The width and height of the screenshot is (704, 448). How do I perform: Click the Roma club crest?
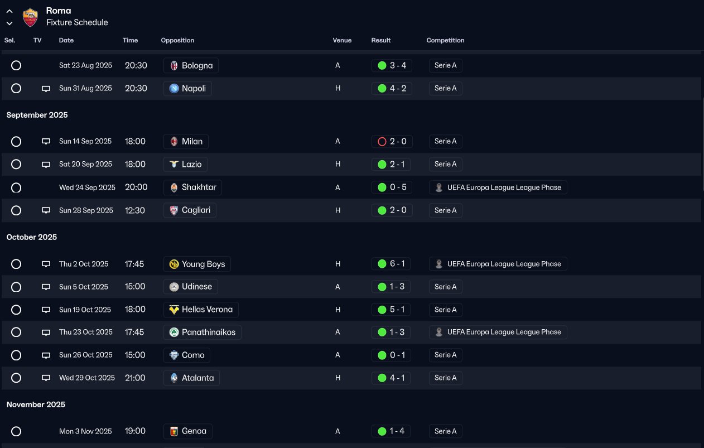30,17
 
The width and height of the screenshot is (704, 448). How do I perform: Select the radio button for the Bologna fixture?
16,65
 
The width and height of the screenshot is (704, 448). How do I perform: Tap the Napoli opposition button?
187,88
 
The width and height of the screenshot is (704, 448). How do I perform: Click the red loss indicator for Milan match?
382,142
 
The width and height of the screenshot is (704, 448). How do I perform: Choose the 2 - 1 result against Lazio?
392,164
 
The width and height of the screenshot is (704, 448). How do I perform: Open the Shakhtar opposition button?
192,187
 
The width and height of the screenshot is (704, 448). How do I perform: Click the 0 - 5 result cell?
392,187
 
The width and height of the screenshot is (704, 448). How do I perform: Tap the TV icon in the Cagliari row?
46,210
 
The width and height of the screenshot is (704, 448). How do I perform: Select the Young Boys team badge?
174,264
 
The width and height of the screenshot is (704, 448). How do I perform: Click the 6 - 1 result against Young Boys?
392,264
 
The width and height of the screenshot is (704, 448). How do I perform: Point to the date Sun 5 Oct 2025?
84,287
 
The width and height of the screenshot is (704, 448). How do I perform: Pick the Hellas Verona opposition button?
201,310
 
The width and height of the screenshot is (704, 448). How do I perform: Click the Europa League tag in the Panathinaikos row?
498,332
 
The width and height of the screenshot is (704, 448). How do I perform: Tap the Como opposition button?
187,355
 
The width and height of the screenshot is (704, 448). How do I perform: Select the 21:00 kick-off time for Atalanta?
135,378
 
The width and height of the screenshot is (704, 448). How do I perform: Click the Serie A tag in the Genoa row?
445,431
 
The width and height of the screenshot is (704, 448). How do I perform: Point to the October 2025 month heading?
32,237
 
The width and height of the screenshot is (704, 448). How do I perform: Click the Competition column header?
445,40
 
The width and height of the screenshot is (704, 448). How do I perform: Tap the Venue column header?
342,40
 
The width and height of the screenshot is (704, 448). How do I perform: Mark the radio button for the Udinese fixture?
16,287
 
